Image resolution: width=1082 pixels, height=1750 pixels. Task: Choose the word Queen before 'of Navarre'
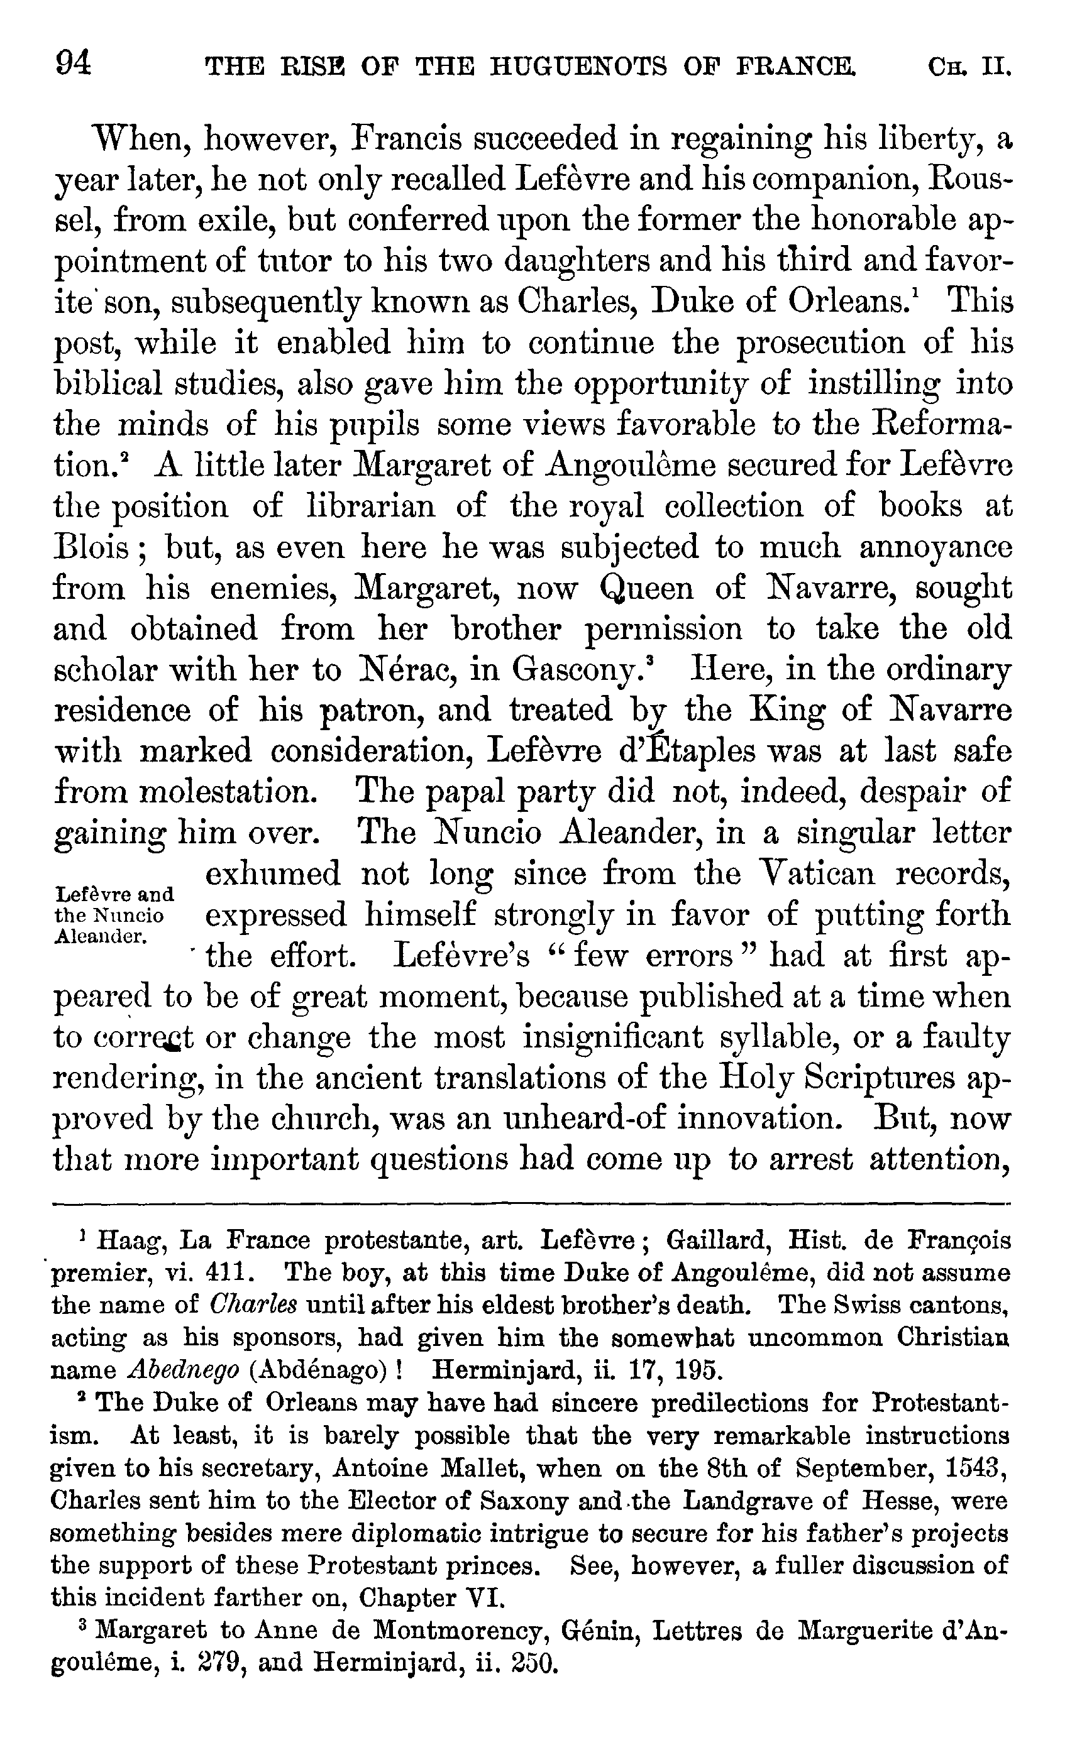click(647, 589)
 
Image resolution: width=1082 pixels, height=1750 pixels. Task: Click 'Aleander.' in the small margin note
click(100, 937)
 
